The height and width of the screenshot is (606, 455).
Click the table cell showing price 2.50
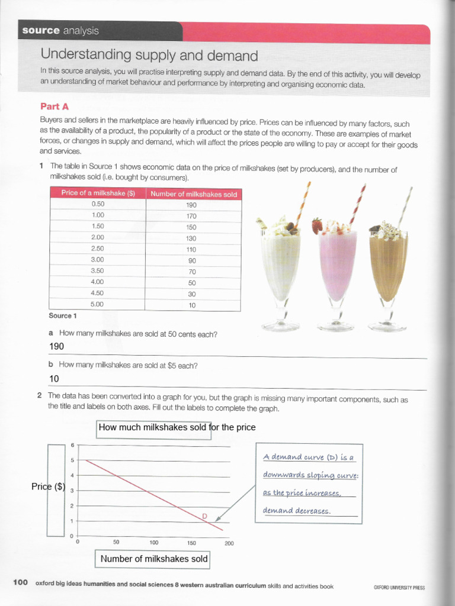(x=98, y=249)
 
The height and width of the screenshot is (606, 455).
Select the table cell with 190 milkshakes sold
(x=192, y=205)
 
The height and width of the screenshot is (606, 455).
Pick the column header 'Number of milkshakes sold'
(x=193, y=194)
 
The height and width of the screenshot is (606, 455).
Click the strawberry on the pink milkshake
(x=318, y=225)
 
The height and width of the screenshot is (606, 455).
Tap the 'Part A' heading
(x=55, y=107)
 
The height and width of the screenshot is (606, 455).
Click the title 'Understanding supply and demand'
(x=149, y=56)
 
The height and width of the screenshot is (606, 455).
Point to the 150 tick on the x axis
(x=191, y=541)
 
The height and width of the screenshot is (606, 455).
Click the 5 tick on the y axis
(x=72, y=460)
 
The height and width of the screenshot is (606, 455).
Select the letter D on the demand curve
(x=204, y=516)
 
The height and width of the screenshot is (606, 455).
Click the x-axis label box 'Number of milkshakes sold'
(x=153, y=559)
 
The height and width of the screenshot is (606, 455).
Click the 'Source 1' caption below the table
(x=63, y=315)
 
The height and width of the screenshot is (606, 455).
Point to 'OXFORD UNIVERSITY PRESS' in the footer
(x=399, y=587)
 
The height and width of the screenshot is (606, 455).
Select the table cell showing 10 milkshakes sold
(x=192, y=305)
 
